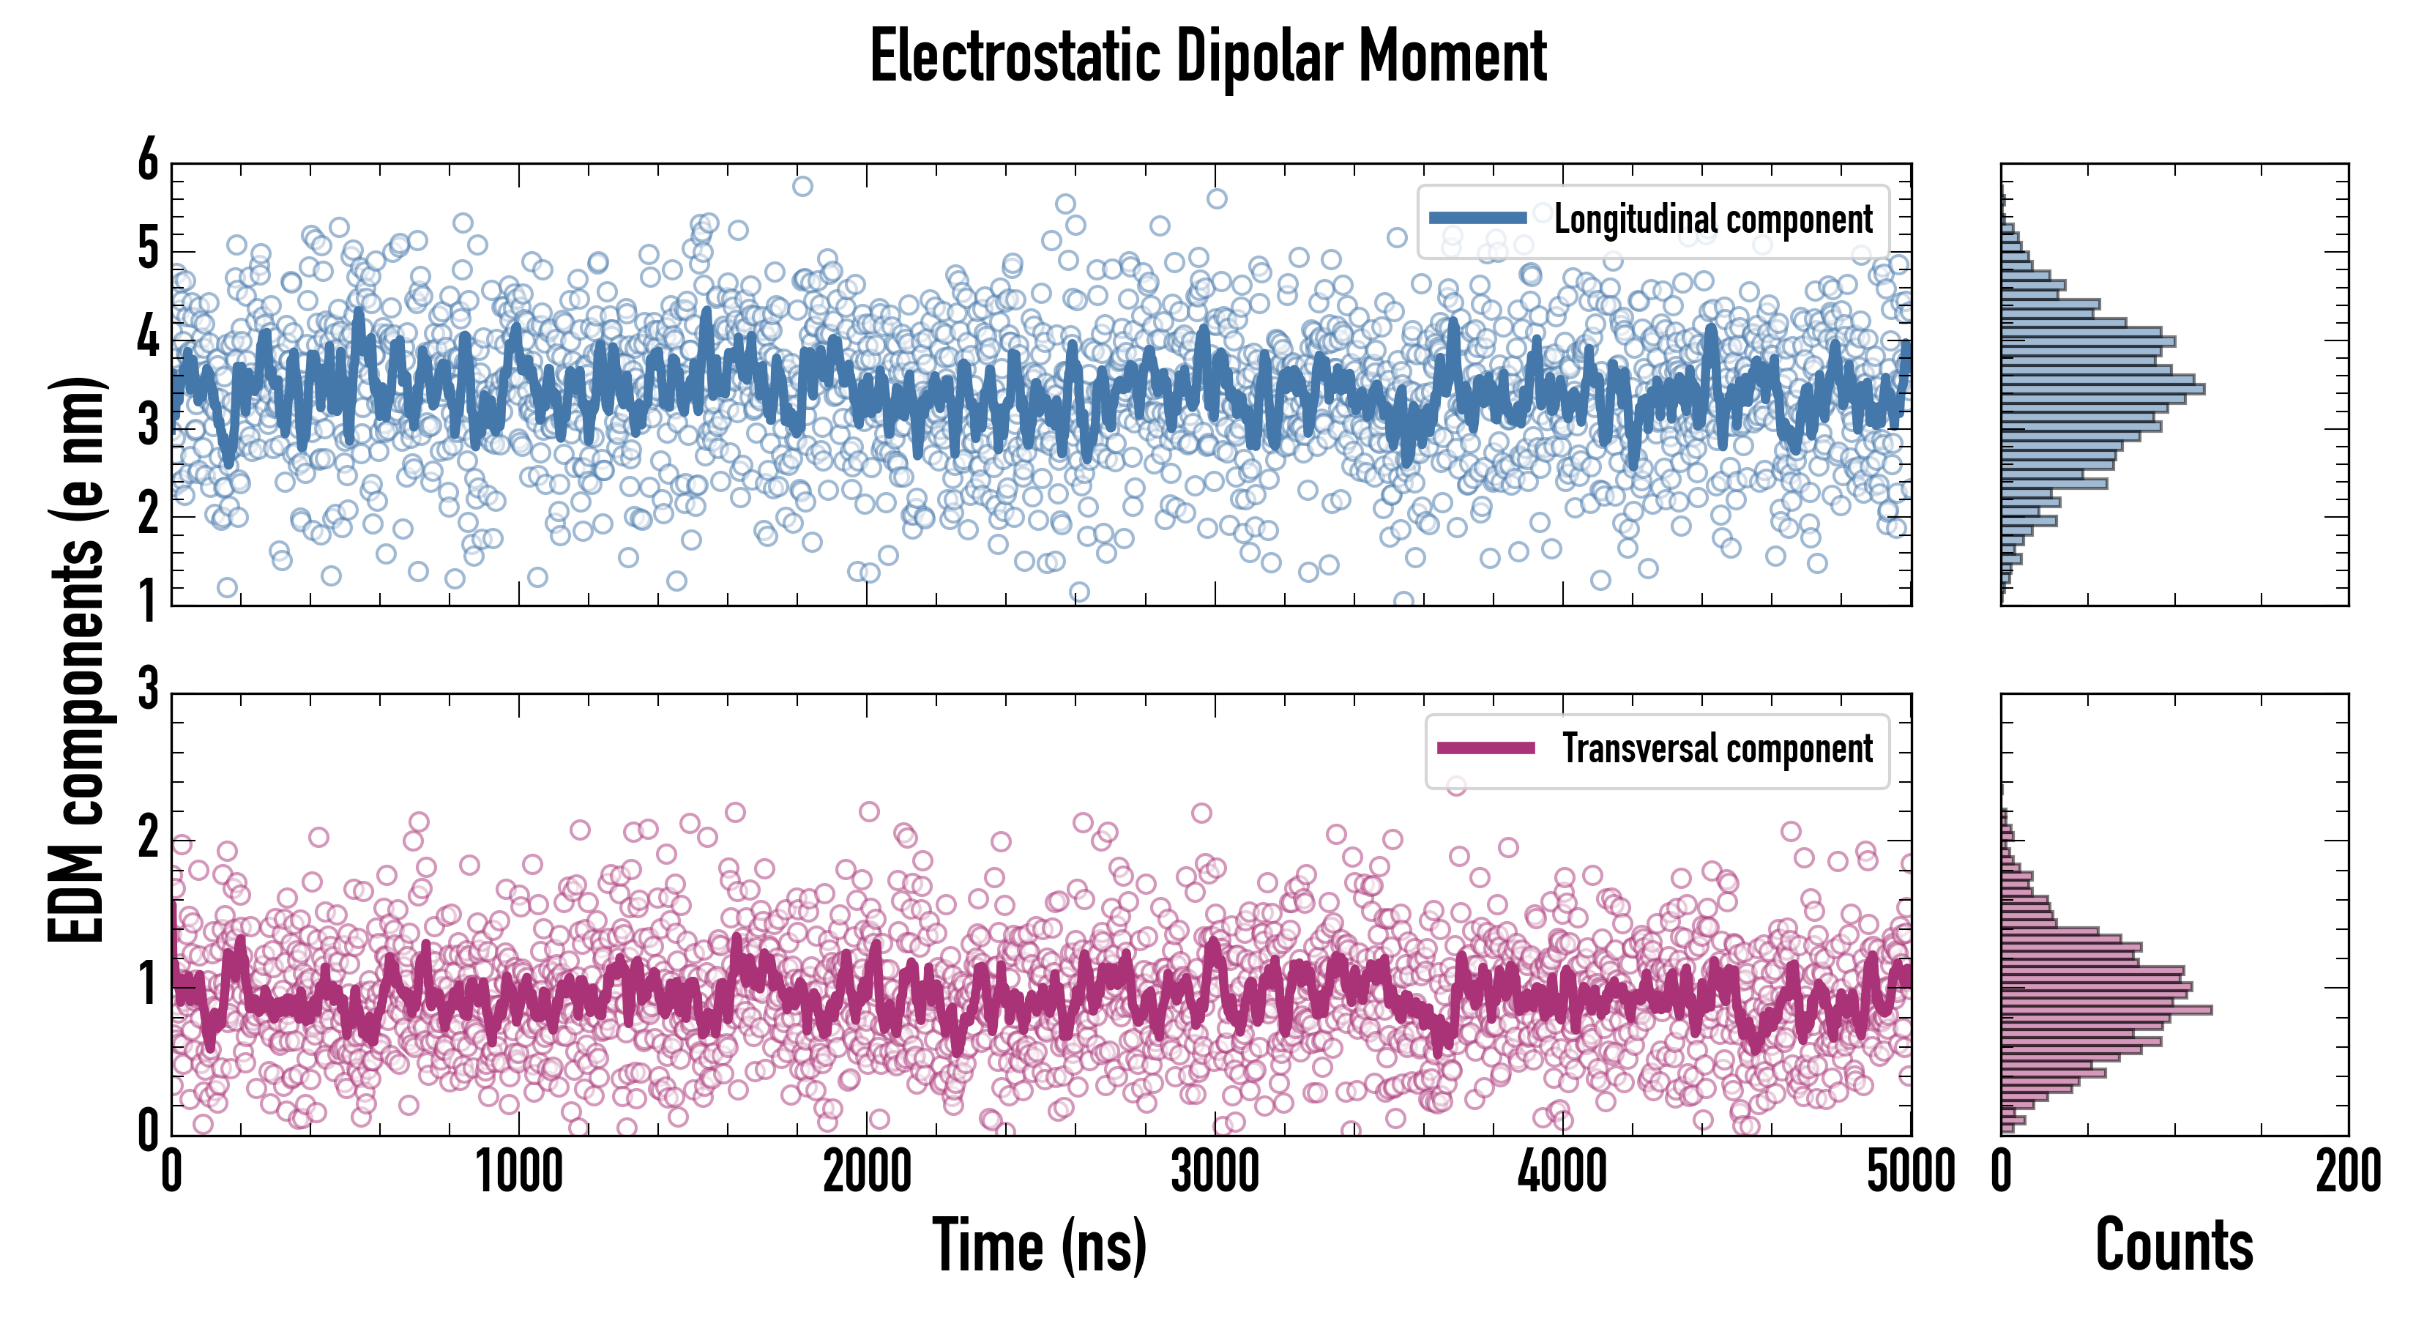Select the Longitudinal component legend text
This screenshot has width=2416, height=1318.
coord(1712,220)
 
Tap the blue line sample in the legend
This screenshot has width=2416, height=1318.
coord(1478,217)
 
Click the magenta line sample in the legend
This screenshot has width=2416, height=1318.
coord(1485,748)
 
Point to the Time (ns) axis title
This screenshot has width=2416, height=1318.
coord(1039,1246)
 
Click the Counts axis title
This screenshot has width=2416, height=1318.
coord(2174,1246)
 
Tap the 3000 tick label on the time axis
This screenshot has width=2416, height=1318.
coord(1215,1172)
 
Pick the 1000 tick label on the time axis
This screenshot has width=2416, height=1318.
coord(518,1172)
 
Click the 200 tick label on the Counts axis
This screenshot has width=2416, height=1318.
coord(2347,1172)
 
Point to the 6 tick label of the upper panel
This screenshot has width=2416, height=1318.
coord(148,161)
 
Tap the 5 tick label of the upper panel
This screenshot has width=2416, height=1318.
coord(148,250)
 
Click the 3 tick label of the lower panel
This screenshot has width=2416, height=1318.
coord(148,690)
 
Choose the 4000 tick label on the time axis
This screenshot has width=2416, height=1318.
coord(1562,1172)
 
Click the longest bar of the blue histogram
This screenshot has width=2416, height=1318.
coord(2103,388)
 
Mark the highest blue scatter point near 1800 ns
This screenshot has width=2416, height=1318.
coord(802,186)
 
